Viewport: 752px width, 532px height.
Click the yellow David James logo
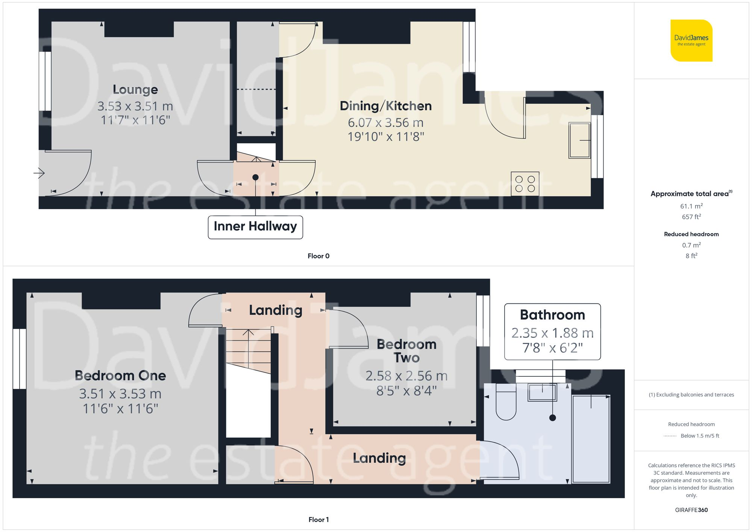[691, 41]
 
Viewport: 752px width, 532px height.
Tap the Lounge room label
[135, 89]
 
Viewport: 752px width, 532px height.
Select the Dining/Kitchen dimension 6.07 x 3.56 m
[385, 123]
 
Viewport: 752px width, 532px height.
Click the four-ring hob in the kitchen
[525, 184]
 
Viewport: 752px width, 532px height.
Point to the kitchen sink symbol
[579, 140]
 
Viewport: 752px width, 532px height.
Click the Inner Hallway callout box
[255, 227]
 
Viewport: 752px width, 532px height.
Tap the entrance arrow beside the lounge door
[39, 173]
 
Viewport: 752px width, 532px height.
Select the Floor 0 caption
[318, 256]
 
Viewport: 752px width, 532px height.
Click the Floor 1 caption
[318, 520]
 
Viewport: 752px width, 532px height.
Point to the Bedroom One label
[120, 376]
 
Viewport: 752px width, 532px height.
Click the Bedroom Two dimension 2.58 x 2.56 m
[406, 376]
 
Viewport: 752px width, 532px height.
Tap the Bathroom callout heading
[552, 315]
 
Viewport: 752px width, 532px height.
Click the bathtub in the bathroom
[591, 439]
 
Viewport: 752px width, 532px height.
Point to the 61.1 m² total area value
[691, 206]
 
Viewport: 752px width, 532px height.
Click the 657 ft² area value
[691, 217]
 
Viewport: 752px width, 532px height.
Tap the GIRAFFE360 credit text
[691, 510]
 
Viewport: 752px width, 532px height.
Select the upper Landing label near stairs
[276, 310]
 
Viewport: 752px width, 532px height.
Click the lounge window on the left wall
[45, 81]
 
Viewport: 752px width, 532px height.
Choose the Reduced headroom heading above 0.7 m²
[691, 234]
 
